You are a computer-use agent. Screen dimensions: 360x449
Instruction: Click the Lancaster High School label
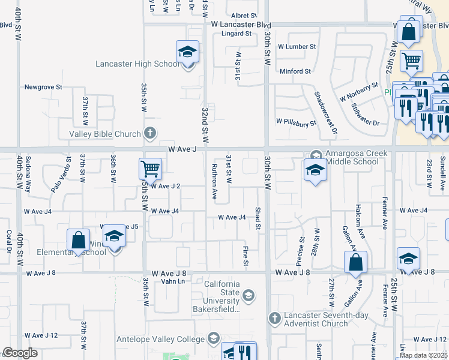[137, 64]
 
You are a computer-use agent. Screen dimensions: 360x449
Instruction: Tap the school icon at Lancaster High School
[187, 53]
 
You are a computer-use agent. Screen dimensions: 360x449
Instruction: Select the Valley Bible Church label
[105, 134]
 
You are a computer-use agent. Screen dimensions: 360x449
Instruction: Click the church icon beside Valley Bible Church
[150, 133]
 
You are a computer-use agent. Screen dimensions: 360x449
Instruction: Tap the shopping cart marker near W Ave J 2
[149, 169]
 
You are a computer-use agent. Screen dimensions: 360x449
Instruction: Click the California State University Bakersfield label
[222, 297]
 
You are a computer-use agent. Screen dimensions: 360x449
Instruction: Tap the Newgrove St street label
[43, 87]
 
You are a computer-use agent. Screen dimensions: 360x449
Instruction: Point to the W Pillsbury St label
[296, 123]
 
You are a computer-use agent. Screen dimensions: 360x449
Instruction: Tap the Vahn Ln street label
[172, 281]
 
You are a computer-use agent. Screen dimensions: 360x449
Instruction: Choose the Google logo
[20, 353]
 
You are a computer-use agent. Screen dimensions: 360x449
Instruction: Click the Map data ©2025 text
[423, 355]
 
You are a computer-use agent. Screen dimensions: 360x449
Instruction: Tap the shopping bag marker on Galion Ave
[355, 262]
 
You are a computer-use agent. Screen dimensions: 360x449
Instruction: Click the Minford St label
[295, 71]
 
